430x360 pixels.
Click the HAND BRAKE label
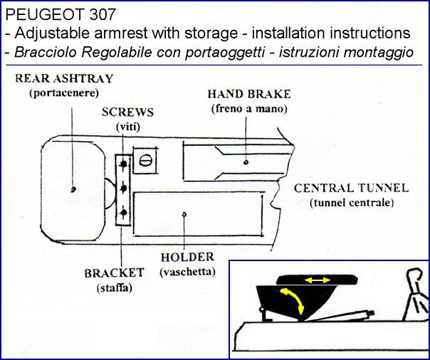248,95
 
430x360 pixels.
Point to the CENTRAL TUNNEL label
351,189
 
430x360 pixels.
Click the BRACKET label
115,272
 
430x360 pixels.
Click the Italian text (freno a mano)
248,108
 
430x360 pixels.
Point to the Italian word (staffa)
114,287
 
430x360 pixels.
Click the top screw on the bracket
125,164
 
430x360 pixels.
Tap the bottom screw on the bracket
125,213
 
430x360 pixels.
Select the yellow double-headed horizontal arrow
317,280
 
